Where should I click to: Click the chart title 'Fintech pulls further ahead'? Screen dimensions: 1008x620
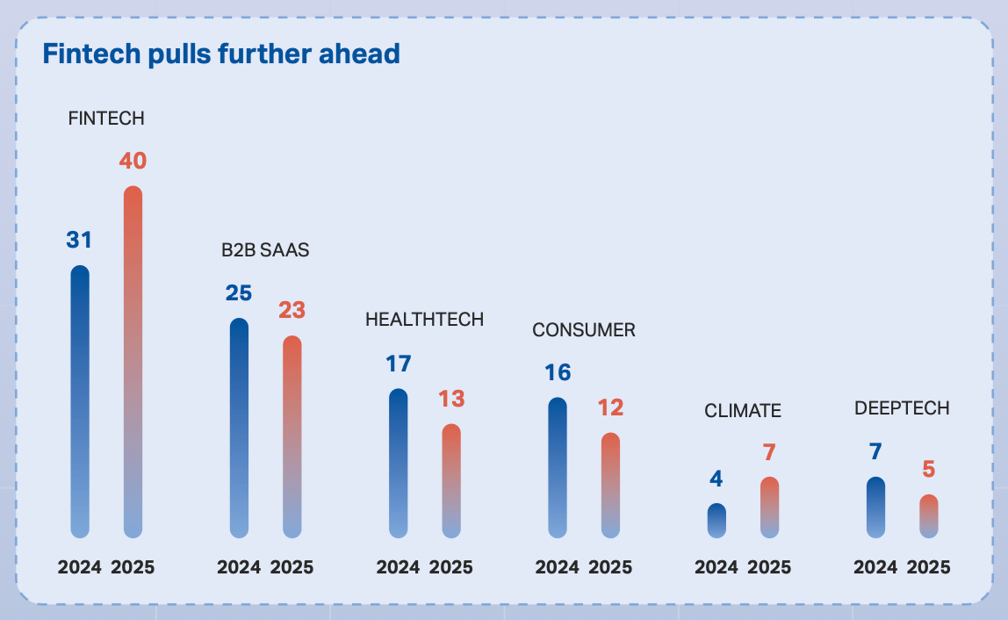point(221,54)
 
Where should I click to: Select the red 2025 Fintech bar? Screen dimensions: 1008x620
point(133,362)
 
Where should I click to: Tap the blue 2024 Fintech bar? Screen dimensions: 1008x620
point(80,401)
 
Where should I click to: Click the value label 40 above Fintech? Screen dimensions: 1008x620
point(133,160)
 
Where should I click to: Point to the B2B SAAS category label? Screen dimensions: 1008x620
point(265,249)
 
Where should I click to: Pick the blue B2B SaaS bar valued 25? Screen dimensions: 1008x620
point(239,428)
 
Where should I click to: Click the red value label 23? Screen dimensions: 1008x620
point(292,310)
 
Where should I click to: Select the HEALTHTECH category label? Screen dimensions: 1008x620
point(424,319)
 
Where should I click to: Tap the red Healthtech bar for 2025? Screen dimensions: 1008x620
point(451,481)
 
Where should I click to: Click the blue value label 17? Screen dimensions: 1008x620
point(399,364)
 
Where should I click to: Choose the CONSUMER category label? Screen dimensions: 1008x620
point(584,330)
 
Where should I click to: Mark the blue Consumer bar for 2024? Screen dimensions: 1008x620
point(558,467)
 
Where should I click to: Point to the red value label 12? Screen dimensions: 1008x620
point(611,407)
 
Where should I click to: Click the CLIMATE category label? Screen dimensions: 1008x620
point(743,410)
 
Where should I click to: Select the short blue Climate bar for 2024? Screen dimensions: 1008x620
point(716,520)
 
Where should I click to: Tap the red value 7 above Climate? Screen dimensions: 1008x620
point(769,453)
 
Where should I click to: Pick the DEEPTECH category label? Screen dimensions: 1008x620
point(902,407)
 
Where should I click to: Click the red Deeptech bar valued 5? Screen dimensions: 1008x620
point(929,516)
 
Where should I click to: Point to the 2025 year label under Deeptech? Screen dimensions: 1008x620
point(929,567)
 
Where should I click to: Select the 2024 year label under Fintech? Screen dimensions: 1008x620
point(80,567)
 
